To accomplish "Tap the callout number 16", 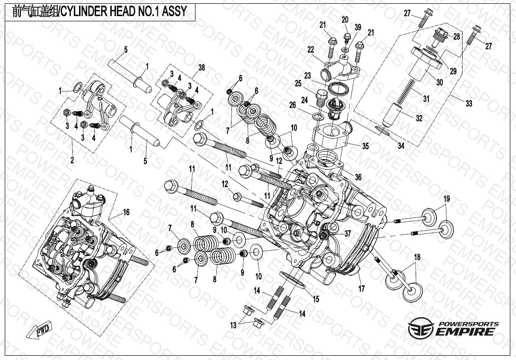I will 126,213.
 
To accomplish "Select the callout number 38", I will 201,68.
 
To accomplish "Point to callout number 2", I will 72,161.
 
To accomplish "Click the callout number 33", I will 469,103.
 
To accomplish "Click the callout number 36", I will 358,177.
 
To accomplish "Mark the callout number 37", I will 348,234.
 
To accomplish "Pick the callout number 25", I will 298,83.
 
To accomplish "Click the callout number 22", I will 311,49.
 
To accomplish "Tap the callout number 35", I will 365,146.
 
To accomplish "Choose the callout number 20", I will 345,19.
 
